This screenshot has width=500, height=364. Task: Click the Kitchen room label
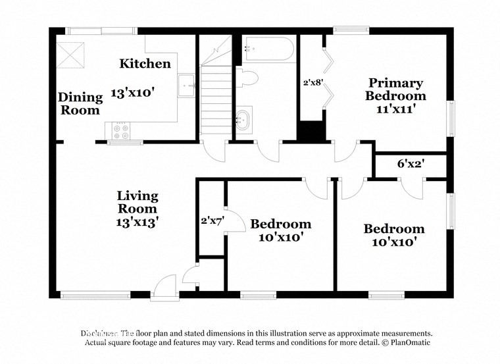tap(145, 64)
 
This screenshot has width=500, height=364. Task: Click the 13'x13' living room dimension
tap(137, 222)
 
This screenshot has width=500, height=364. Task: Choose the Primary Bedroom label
tap(395, 89)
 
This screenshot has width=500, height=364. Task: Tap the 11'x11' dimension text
tap(395, 109)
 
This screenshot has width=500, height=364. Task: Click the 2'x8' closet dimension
tap(312, 84)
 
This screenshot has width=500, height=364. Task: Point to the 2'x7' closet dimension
tap(213, 221)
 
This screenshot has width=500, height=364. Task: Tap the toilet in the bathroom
tap(246, 79)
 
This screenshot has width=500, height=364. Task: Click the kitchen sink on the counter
tap(186, 84)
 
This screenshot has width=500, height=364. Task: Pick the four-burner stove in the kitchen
tap(120, 130)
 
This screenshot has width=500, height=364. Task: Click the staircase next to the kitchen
tap(215, 99)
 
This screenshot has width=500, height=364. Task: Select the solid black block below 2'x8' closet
tap(312, 131)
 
